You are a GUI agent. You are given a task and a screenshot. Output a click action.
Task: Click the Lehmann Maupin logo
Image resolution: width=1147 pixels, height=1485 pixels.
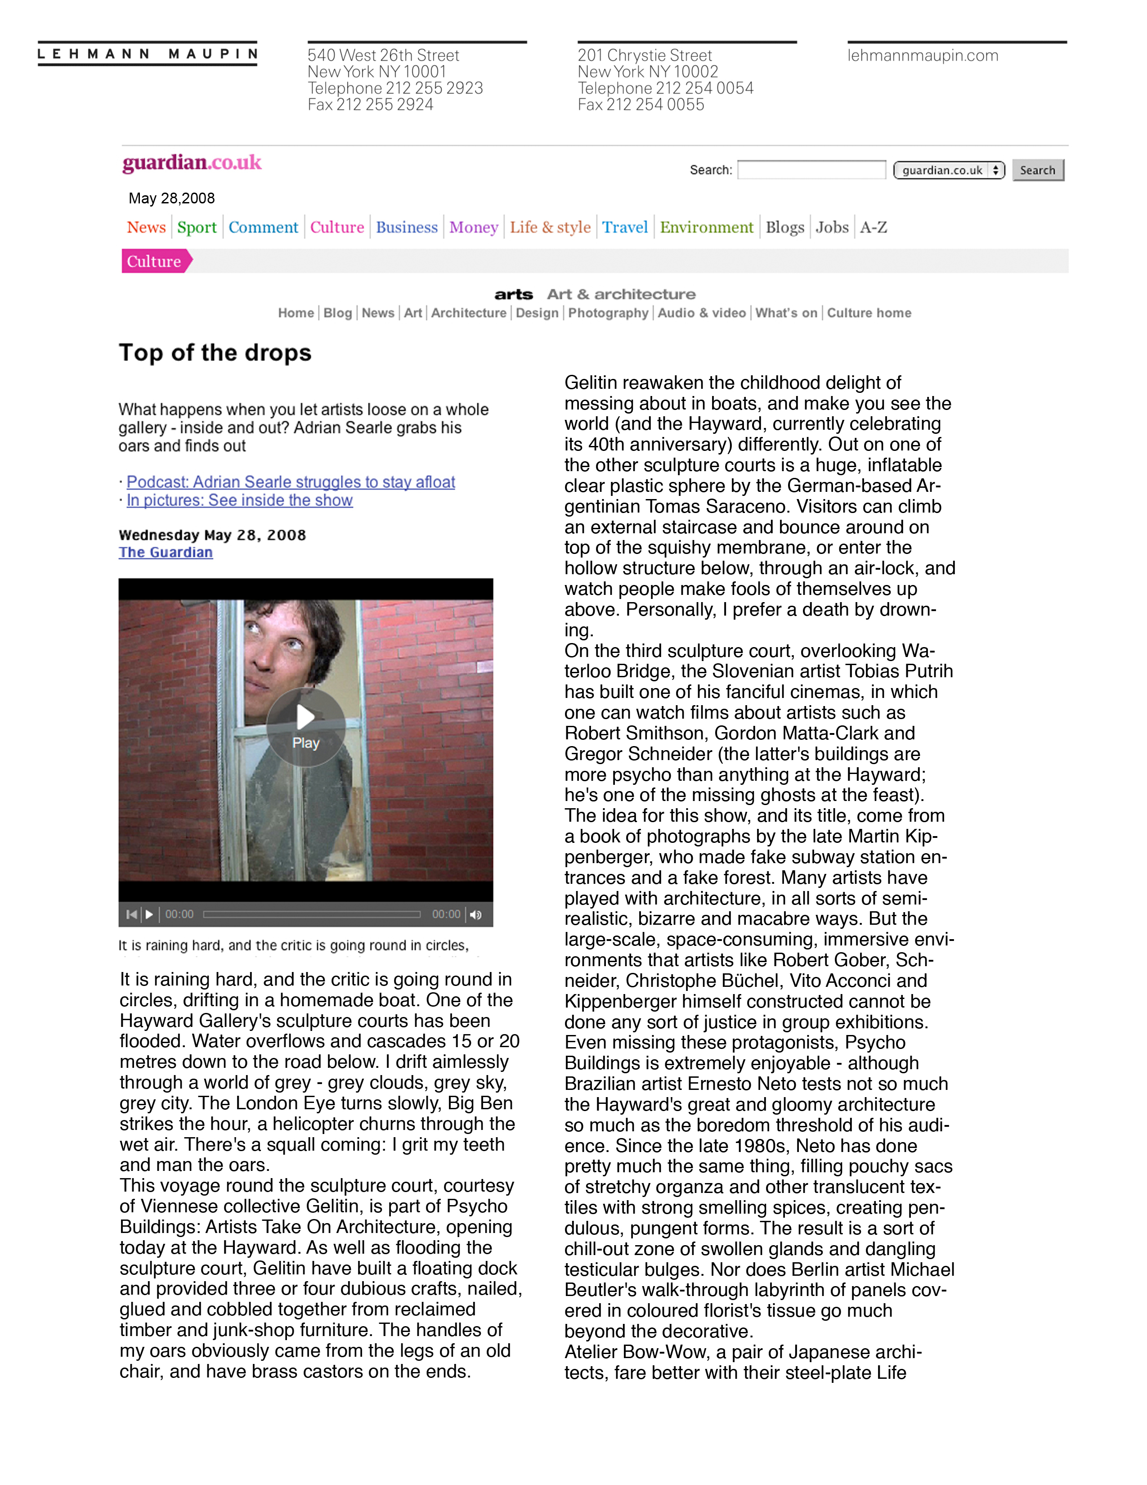click(148, 54)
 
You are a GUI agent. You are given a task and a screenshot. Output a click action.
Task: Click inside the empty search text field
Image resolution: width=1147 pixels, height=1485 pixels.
click(811, 170)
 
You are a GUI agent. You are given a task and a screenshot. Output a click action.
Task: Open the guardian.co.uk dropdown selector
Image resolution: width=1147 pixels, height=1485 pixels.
click(949, 170)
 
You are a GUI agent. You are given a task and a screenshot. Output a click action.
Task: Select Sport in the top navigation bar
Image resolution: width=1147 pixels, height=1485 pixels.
click(197, 227)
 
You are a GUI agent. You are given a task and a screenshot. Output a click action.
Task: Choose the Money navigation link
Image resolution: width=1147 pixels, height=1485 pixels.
click(474, 227)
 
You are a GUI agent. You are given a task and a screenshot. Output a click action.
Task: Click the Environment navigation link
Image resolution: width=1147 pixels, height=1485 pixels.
click(706, 227)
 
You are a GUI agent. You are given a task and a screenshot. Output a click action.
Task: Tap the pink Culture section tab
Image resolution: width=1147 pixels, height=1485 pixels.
click(155, 261)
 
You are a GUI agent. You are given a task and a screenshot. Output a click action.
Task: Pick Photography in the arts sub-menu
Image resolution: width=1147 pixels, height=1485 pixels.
click(608, 313)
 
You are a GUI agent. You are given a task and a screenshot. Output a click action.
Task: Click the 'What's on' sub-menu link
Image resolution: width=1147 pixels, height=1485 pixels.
click(786, 313)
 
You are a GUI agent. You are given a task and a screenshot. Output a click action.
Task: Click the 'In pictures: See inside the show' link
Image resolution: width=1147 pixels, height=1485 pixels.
click(239, 500)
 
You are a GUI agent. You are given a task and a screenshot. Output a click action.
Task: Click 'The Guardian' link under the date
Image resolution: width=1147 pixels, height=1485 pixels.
click(166, 552)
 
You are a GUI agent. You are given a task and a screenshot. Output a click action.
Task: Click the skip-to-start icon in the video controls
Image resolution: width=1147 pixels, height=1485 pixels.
click(131, 914)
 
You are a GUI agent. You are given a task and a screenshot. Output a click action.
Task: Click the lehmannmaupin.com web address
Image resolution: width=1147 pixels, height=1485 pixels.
click(923, 56)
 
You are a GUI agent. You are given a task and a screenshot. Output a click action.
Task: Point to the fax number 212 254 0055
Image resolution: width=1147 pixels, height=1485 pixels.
click(641, 105)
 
